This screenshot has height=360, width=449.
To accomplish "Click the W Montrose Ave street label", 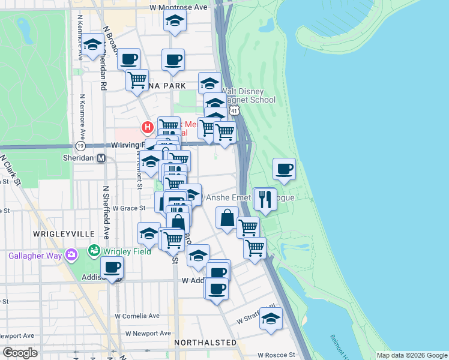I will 178,7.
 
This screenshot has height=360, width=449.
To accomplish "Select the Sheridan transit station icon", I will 101,158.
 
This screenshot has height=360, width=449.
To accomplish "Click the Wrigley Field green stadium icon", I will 94,250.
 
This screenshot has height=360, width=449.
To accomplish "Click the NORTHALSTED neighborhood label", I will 205,342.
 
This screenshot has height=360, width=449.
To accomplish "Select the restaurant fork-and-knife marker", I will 264,199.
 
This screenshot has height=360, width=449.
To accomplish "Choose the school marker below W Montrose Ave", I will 175,21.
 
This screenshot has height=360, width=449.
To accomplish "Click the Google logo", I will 20,353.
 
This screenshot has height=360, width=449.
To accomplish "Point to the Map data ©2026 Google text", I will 411,355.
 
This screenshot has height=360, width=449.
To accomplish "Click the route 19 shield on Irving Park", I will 80,146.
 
